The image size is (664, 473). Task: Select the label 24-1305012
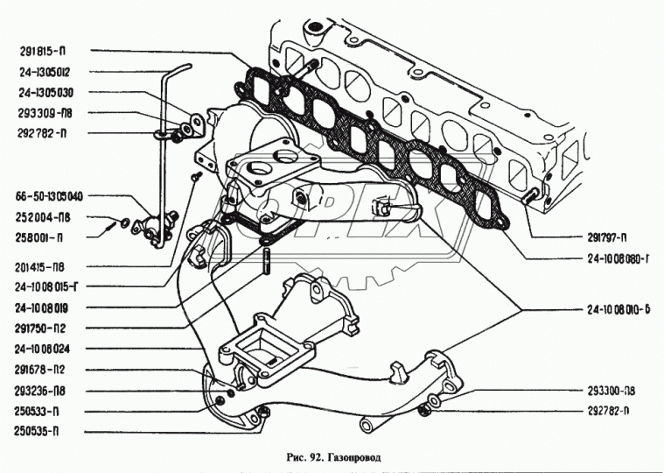tap(45, 73)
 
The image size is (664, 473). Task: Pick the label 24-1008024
tap(45, 348)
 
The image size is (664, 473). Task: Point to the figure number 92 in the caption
tap(310, 457)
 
